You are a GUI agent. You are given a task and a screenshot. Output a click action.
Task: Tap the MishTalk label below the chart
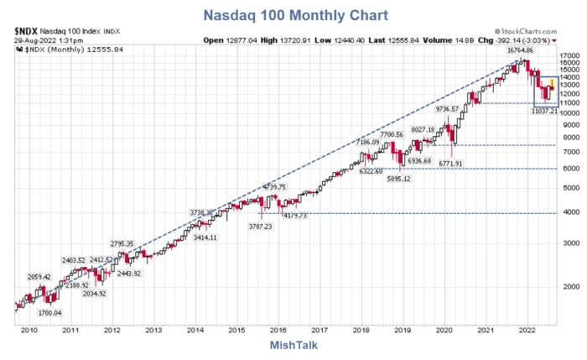[x=293, y=345]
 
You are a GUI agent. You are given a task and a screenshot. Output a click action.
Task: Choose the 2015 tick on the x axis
[x=236, y=331]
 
